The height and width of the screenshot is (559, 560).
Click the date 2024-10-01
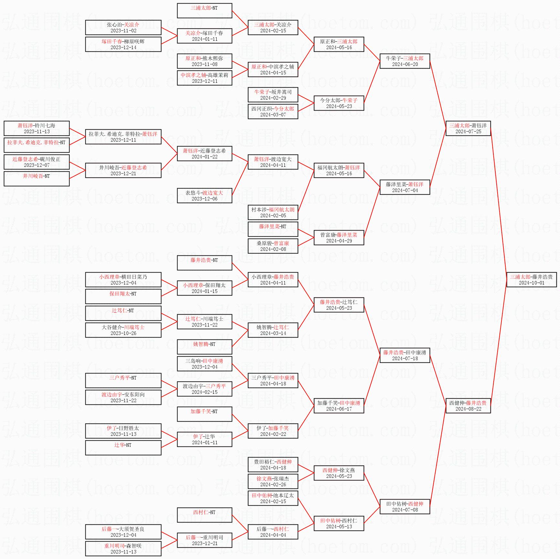[532, 283]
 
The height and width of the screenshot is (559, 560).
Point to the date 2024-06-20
[405, 64]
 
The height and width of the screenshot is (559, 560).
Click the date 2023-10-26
[123, 333]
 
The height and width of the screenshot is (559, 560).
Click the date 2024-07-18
[405, 359]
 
